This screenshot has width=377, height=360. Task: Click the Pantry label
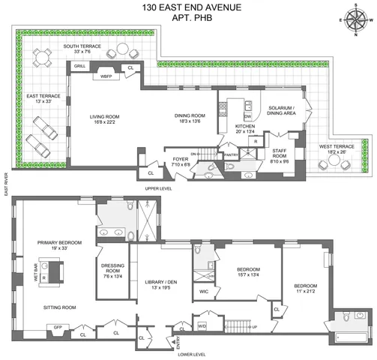[x=232, y=155]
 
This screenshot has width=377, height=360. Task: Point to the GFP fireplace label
[x=35, y=327]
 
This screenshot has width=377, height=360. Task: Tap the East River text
[x=6, y=184]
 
